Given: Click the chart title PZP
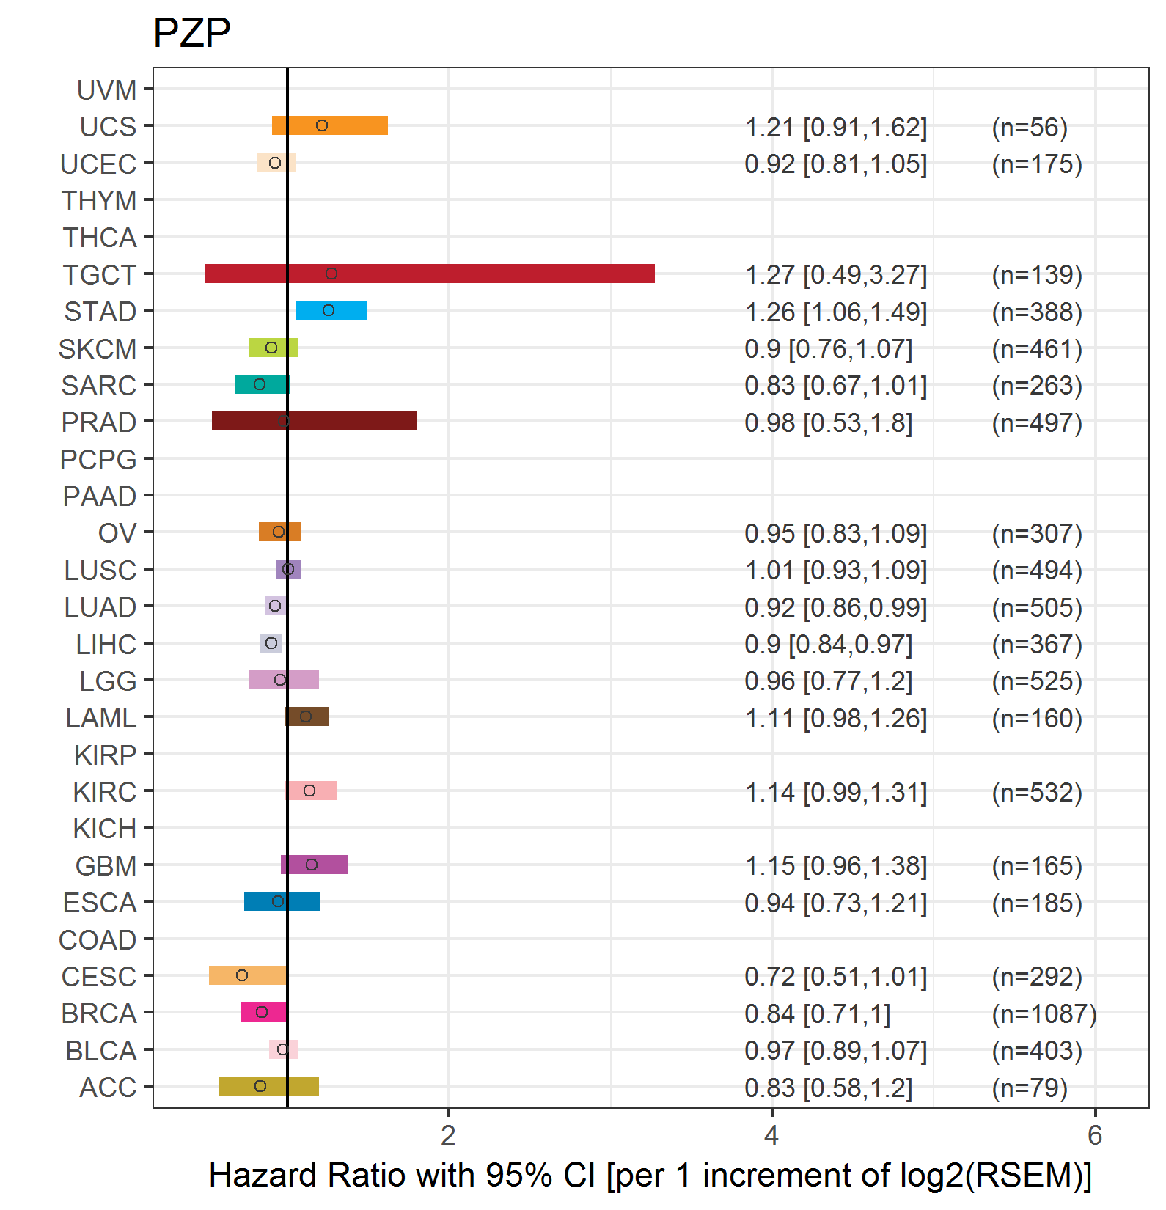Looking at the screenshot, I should coord(191,33).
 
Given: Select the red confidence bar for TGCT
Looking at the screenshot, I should coord(430,274).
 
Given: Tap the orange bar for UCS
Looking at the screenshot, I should coord(330,125).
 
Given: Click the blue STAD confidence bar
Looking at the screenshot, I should coord(331,310).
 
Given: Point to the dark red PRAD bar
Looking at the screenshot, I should coord(314,421).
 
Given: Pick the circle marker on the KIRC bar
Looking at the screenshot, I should coord(309,791).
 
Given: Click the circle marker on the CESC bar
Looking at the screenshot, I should coord(242,975).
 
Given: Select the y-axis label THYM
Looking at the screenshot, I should coord(99,201).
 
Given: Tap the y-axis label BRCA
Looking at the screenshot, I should coord(99,1013).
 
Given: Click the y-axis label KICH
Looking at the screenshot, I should coord(105,829).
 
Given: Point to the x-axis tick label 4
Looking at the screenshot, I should coord(771,1135).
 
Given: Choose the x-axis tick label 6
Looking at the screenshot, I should coord(1095,1135).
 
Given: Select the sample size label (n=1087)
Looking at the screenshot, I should coord(1044,1013).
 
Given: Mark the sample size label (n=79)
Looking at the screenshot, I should coord(1030,1088).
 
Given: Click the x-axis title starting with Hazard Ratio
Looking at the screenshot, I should coord(650,1175).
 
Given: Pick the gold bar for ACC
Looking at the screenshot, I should coord(269,1086).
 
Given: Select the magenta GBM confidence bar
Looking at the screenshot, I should coord(315,865).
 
